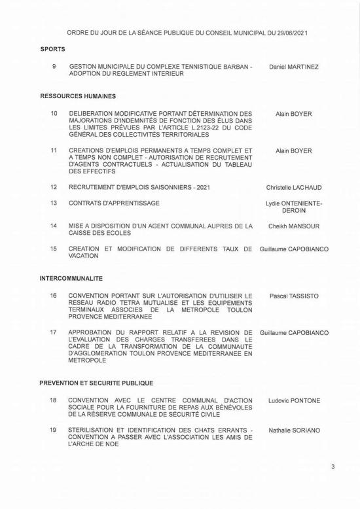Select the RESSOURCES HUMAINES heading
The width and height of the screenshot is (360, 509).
pos(78,96)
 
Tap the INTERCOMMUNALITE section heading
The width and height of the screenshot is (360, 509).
pos(71,278)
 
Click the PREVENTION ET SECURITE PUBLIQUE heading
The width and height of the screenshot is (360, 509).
pos(96,383)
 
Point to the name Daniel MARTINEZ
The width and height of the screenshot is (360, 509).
pos(294,67)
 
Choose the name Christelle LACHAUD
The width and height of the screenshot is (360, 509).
pos(294,188)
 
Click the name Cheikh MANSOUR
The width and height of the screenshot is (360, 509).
pos(294,226)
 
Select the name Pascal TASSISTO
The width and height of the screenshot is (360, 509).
pos(294,296)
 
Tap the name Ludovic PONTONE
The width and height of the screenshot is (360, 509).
pos(294,400)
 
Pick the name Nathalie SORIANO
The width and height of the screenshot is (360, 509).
pos(294,430)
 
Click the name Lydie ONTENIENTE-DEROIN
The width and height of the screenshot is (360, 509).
pos(294,207)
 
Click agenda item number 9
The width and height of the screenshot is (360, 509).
pos(53,67)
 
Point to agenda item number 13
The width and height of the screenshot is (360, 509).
pos(53,203)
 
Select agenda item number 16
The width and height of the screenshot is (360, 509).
pos(53,296)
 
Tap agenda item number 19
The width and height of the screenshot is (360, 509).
pos(53,430)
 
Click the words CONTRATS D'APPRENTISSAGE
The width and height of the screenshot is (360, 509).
pos(114,203)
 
